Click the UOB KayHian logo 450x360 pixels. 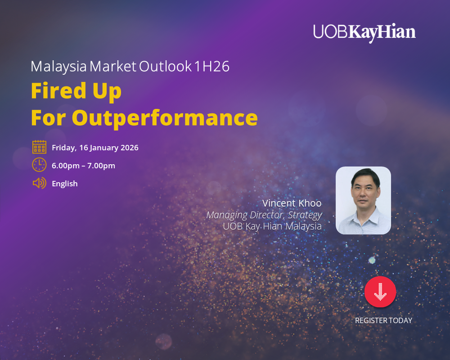pos(364,33)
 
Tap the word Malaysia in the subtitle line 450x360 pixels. pos(58,67)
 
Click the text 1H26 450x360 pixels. pos(212,67)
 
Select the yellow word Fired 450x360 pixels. pos(58,90)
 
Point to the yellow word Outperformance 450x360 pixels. pos(165,118)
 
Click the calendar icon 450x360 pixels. pos(39,147)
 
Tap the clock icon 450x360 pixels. pos(39,165)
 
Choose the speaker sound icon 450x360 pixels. pos(39,183)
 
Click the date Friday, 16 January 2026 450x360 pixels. pos(95,148)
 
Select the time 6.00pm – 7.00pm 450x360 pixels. pos(83,166)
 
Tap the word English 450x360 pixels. pos(64,184)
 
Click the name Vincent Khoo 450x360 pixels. pos(292,203)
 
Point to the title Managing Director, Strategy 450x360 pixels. pos(264,215)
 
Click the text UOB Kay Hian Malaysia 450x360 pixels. pos(272,226)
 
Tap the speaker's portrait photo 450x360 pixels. pos(363,200)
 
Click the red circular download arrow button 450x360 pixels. pos(380,292)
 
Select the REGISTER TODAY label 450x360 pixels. pos(383,320)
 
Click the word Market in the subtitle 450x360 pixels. pos(113,67)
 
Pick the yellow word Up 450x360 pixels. pos(107,91)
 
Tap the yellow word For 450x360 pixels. pos(49,118)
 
